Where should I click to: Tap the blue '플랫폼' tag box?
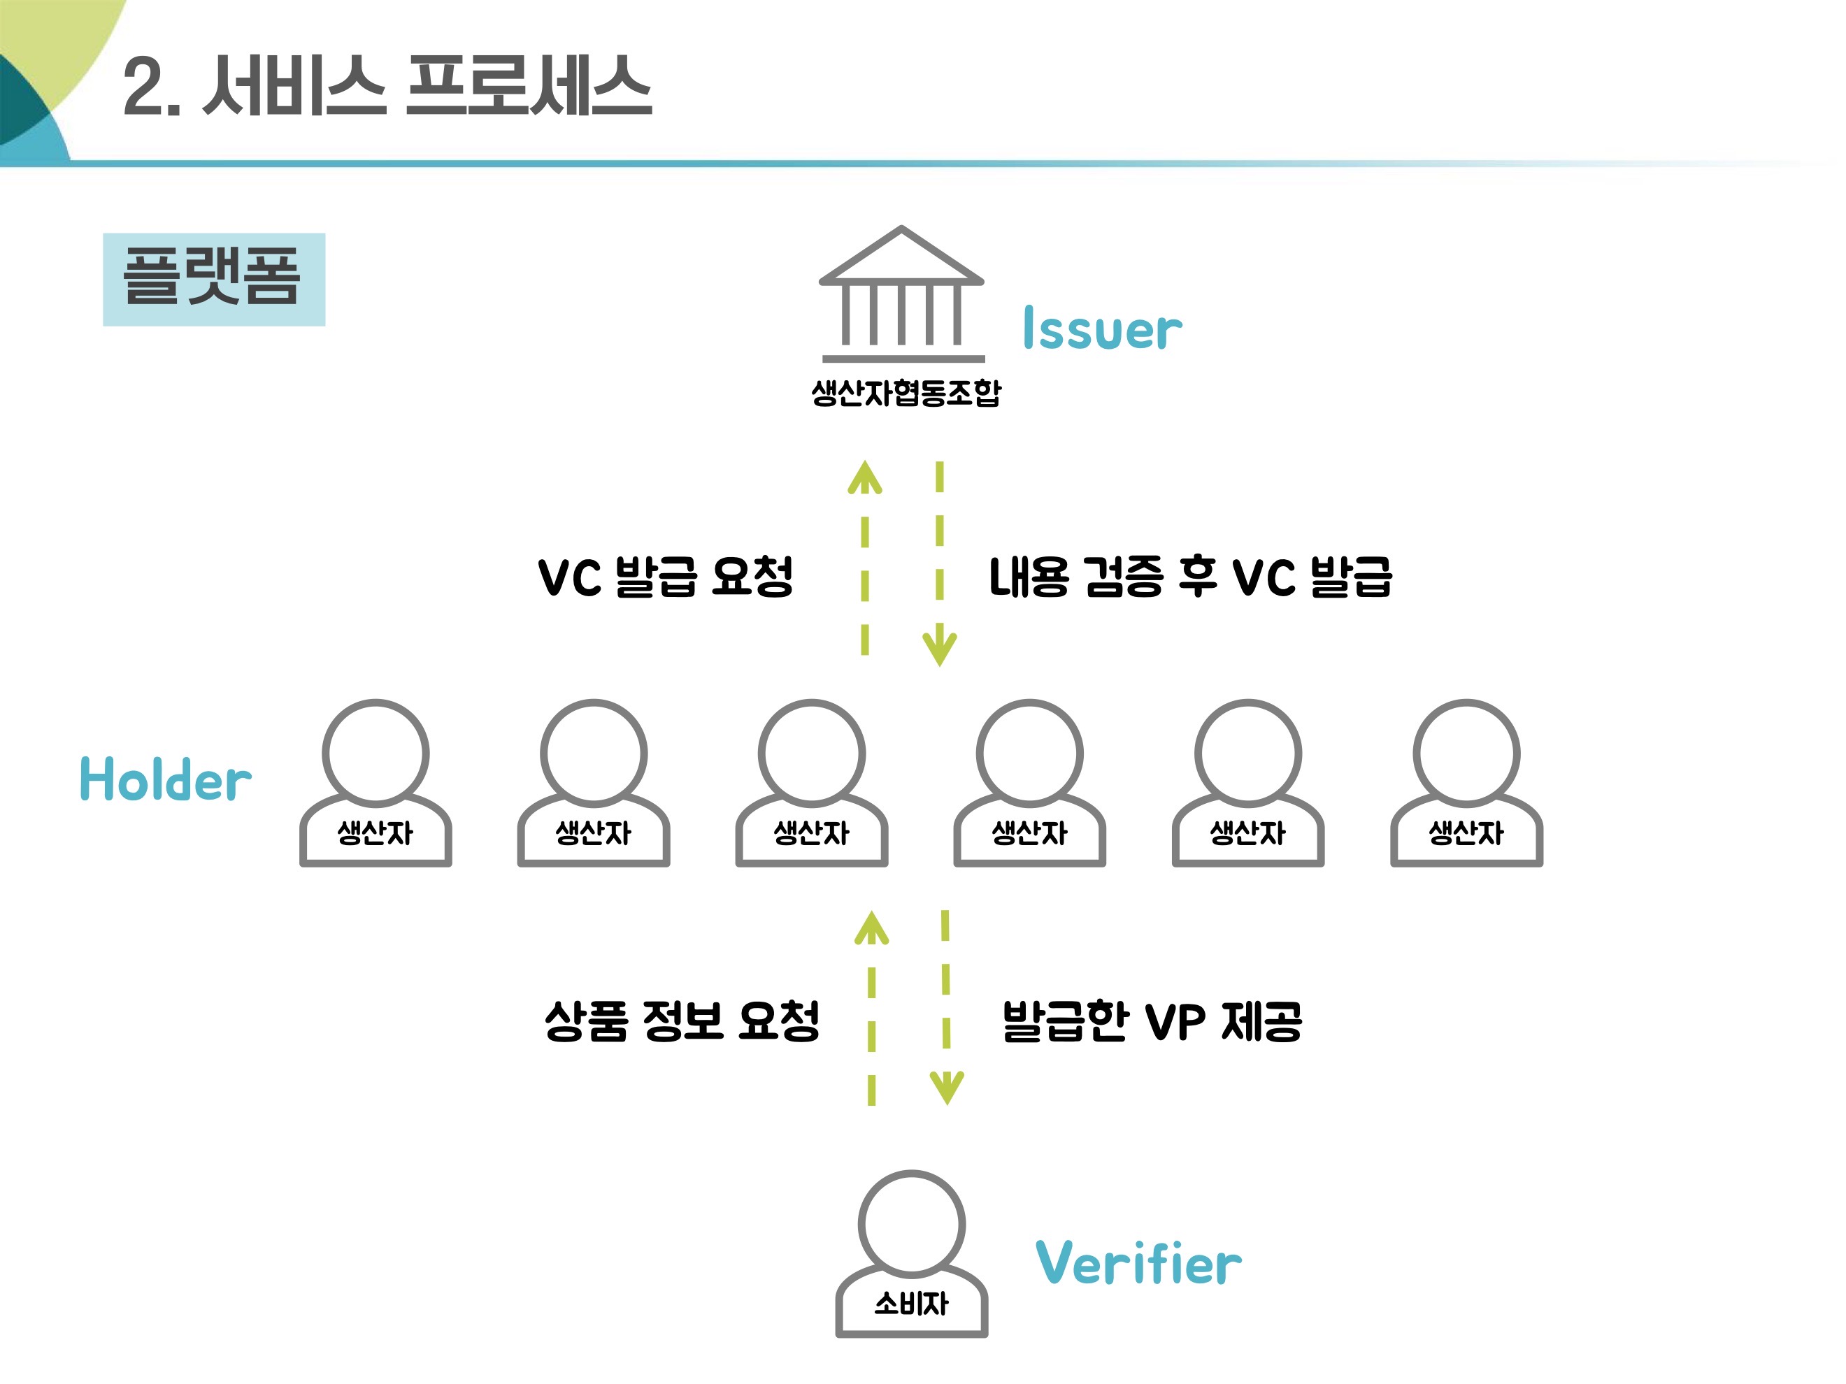pos(214,279)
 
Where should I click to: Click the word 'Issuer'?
pos(1101,329)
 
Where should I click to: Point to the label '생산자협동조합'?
pos(906,392)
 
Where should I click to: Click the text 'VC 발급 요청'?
pos(665,577)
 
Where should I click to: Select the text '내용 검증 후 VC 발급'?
pos(1190,577)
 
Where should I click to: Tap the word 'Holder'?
pos(165,780)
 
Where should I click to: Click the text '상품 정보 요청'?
pos(682,1021)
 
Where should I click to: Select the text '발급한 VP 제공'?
pos(1152,1021)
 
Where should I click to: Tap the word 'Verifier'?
pos(1138,1263)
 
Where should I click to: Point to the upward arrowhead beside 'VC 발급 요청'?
pos(864,478)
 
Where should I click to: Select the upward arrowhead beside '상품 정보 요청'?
pos(871,928)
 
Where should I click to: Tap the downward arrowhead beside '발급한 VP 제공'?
pos(946,1086)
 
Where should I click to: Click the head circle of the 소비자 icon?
pos(911,1224)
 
